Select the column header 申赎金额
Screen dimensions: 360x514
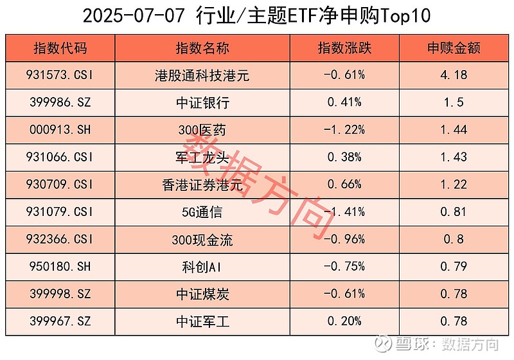coord(454,48)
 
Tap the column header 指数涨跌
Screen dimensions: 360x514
coord(344,48)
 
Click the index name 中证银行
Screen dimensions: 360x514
coord(202,103)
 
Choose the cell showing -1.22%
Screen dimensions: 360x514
coord(344,130)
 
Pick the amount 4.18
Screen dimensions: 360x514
coord(454,75)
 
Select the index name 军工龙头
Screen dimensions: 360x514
coord(202,157)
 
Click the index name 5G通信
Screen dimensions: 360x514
coord(202,213)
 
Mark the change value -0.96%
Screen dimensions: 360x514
coord(344,240)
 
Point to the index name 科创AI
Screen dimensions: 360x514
coord(202,267)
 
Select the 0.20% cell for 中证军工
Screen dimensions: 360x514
coord(344,321)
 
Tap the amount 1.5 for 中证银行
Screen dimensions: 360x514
coord(454,103)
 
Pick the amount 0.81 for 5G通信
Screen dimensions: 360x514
coord(454,213)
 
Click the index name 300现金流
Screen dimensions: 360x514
coord(202,240)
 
